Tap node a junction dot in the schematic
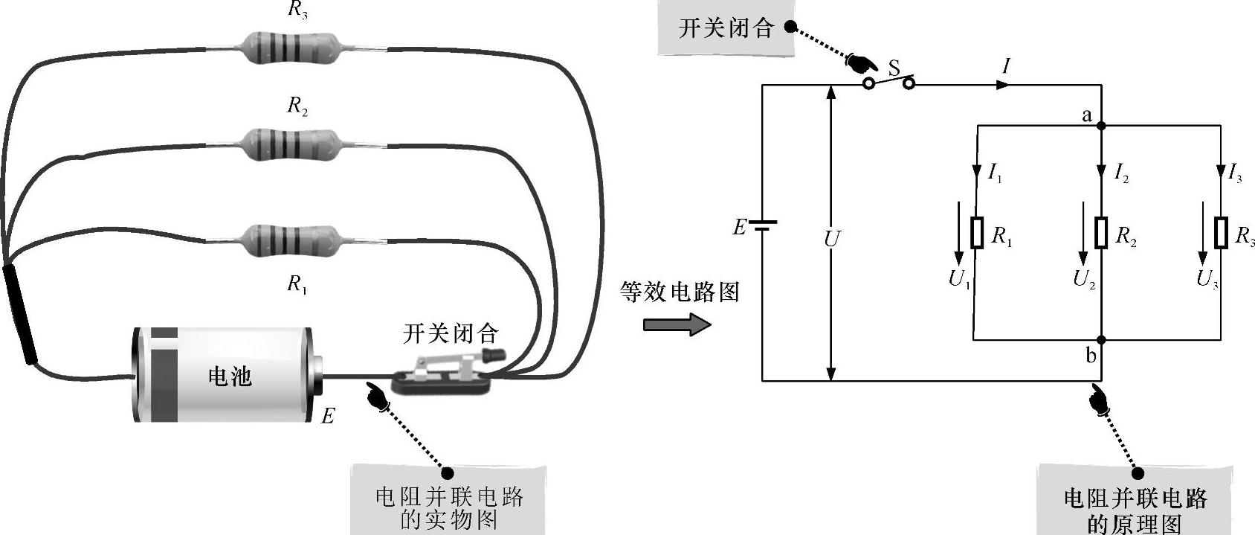coord(1101,126)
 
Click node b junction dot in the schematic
coord(1101,340)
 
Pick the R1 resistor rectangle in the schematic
coord(977,233)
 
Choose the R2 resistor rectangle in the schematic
coord(1101,233)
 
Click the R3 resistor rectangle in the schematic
coord(1221,233)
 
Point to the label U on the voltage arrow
coord(832,239)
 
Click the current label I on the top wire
coord(1006,66)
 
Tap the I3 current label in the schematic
coord(1234,175)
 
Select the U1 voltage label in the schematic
coord(959,280)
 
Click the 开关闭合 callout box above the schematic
coord(726,29)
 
